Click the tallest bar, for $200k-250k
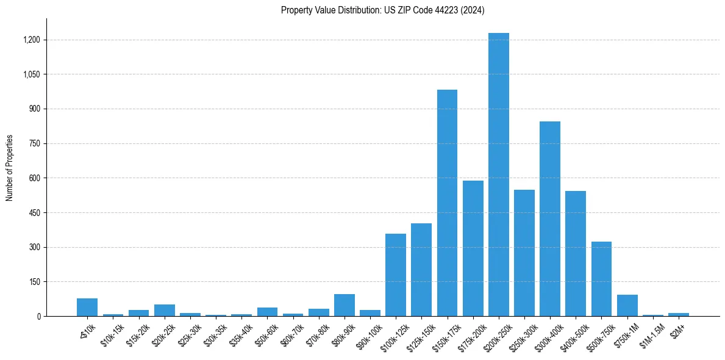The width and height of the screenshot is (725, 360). pyautogui.click(x=498, y=175)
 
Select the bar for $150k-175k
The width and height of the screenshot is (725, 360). pyautogui.click(x=447, y=203)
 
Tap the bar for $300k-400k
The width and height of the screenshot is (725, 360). pyautogui.click(x=550, y=218)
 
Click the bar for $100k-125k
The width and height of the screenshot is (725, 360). pyautogui.click(x=396, y=275)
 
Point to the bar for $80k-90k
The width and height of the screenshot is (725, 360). pyautogui.click(x=345, y=305)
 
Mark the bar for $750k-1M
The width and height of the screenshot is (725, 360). pyautogui.click(x=627, y=306)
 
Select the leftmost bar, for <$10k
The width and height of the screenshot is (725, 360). pyautogui.click(x=87, y=307)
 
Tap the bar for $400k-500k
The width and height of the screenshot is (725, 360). pyautogui.click(x=576, y=253)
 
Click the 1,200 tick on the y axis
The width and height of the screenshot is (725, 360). pyautogui.click(x=32, y=40)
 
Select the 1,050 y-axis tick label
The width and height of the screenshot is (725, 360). pyautogui.click(x=32, y=74)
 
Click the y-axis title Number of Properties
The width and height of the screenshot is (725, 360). pyautogui.click(x=10, y=168)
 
